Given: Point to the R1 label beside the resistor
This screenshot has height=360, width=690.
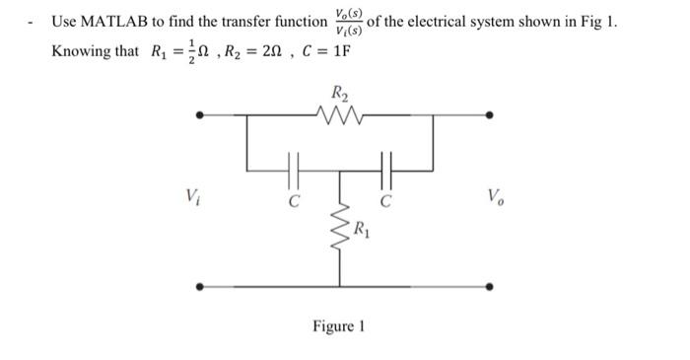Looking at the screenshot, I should coord(364,234).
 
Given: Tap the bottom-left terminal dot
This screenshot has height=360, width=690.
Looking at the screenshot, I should coord(201,287).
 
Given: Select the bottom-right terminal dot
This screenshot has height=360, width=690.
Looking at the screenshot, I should coord(493,287).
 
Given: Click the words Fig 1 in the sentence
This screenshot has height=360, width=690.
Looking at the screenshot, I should coord(596,21).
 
